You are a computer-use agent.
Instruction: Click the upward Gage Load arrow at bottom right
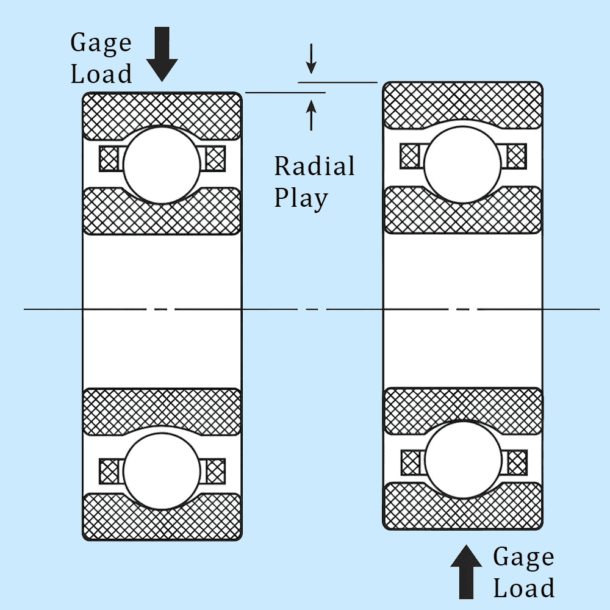click(466, 571)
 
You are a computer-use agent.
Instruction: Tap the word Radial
click(314, 166)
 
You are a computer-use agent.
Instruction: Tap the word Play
click(301, 198)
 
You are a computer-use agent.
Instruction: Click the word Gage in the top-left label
click(101, 43)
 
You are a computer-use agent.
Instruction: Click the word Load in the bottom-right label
click(523, 588)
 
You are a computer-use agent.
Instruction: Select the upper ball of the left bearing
click(162, 165)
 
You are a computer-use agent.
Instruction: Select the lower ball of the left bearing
click(162, 471)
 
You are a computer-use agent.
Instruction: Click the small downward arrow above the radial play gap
click(311, 59)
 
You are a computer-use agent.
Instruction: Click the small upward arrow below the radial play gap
click(311, 115)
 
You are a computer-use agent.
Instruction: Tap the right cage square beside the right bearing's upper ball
click(517, 156)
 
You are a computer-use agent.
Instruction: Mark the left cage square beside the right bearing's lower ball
click(410, 462)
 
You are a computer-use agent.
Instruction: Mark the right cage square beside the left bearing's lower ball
click(215, 470)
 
